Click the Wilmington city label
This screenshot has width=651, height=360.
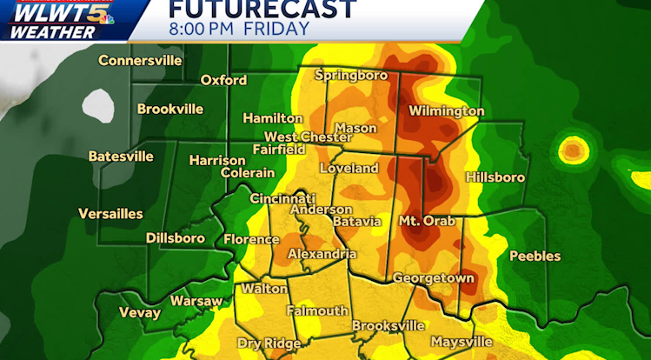tap(446, 111)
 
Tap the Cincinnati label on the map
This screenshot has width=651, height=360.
tap(282, 198)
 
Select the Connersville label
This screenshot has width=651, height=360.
tap(140, 61)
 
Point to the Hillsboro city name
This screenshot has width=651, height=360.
tap(495, 177)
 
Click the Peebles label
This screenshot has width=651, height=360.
tap(535, 256)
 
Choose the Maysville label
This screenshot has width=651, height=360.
tap(461, 341)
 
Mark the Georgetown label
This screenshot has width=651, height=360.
tap(433, 277)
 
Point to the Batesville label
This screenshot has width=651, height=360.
tap(121, 157)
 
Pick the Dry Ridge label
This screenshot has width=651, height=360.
tap(269, 343)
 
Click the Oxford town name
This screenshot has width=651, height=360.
tap(223, 80)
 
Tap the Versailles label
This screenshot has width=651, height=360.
tap(110, 214)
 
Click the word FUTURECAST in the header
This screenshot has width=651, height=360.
tap(262, 10)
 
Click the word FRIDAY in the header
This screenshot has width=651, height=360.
tap(276, 30)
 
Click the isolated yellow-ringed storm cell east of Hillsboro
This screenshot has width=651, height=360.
tap(572, 150)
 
